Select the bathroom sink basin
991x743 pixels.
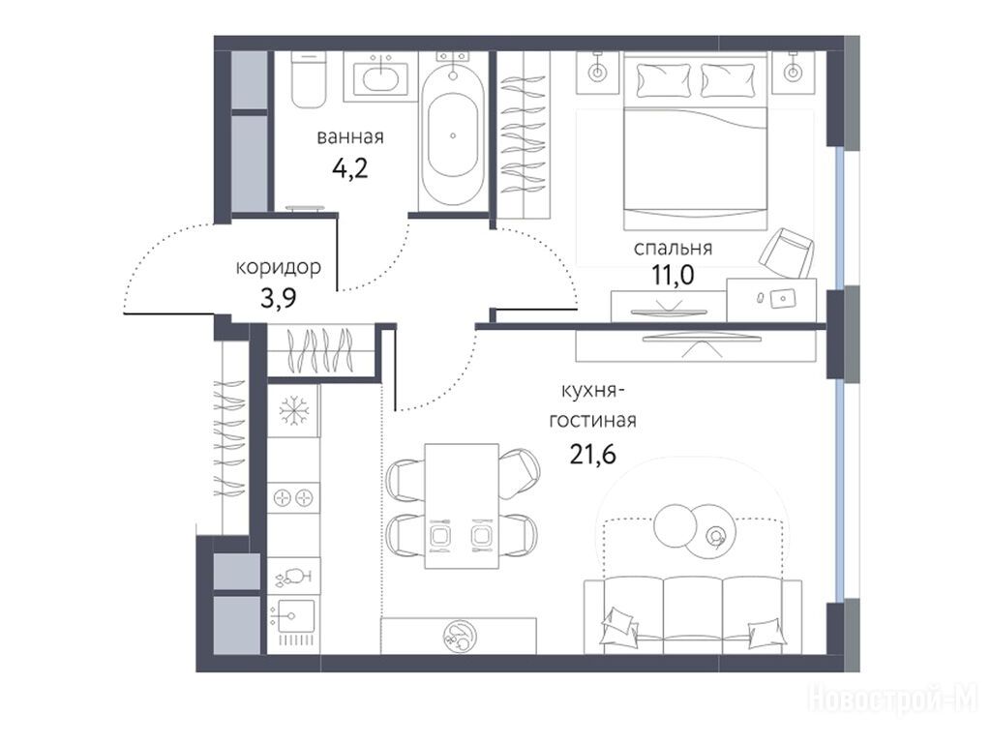click(x=379, y=79)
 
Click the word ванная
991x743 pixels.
click(x=350, y=137)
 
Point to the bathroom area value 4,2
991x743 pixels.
click(x=349, y=168)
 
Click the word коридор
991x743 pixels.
click(x=278, y=268)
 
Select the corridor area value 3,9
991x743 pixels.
click(x=278, y=298)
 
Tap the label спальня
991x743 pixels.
click(x=674, y=249)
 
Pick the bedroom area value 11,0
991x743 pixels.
click(x=674, y=276)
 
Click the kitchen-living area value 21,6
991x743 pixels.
click(x=592, y=453)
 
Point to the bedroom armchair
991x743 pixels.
click(x=786, y=253)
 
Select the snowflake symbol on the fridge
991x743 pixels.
click(x=294, y=411)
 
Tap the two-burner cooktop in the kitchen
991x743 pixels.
click(x=294, y=498)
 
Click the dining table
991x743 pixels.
click(x=462, y=506)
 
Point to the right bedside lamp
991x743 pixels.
click(x=792, y=72)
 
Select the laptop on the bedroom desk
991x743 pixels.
click(x=784, y=298)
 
